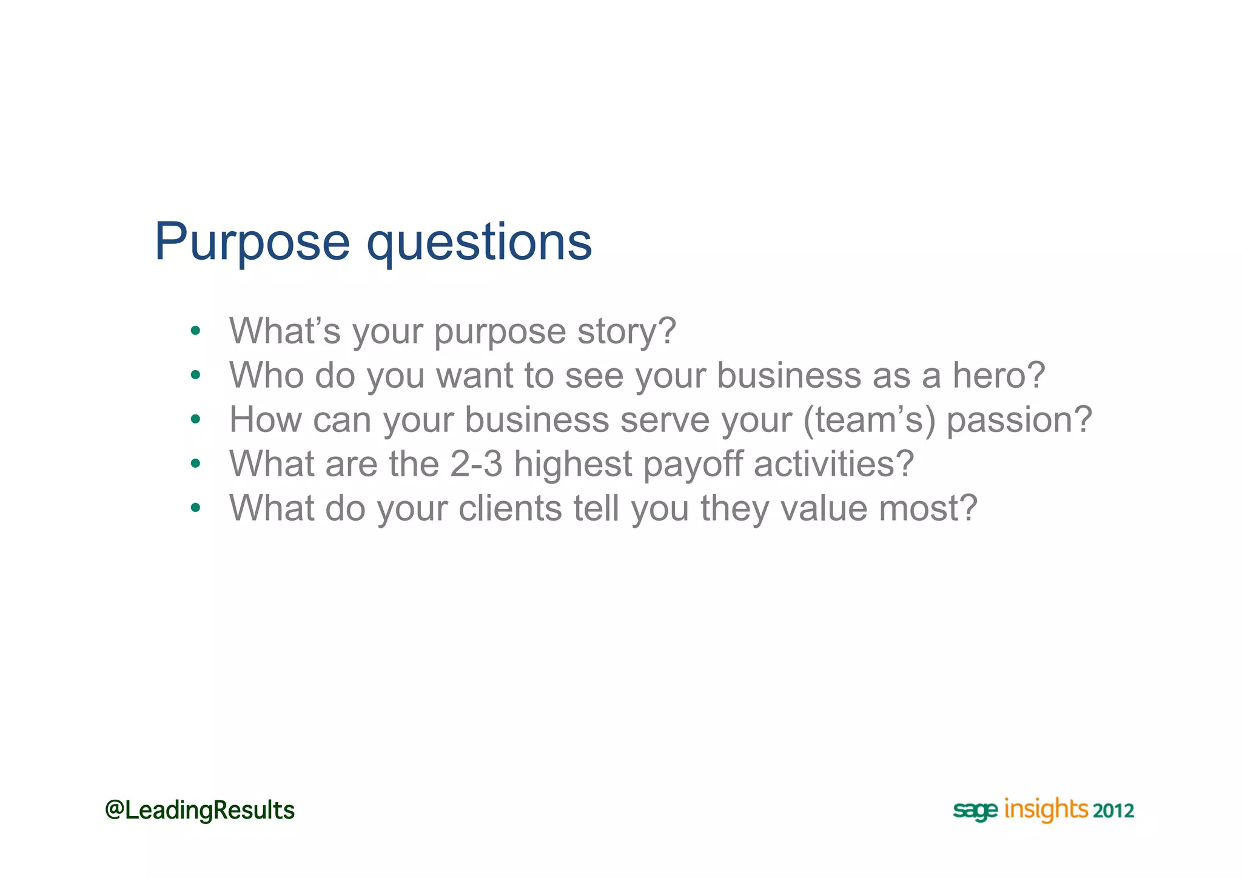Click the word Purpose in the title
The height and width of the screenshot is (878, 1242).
tap(252, 242)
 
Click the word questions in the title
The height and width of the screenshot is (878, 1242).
tap(479, 242)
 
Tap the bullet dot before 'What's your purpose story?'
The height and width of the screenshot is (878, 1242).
tap(195, 331)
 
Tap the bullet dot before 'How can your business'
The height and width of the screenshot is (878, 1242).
tap(195, 419)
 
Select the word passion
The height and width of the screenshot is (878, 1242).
tap(1019, 419)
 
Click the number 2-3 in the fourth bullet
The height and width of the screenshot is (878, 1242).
tap(477, 464)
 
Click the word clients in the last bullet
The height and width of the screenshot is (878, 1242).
tap(510, 508)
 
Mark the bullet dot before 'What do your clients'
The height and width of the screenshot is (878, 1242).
tap(195, 508)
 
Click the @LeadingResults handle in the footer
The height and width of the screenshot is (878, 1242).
tap(200, 810)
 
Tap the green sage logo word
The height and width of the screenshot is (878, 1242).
tap(975, 811)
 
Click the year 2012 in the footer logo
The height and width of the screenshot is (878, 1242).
tap(1113, 811)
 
